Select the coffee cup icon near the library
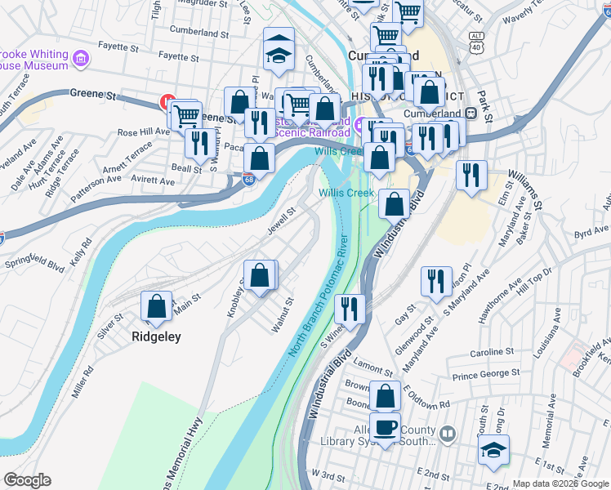pyautogui.click(x=385, y=426)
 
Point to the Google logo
pyautogui.click(x=27, y=480)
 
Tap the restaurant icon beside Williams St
pyautogui.click(x=471, y=175)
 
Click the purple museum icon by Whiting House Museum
pyautogui.click(x=80, y=59)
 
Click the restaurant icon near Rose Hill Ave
pyautogui.click(x=199, y=142)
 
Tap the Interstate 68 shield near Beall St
pyautogui.click(x=248, y=180)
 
